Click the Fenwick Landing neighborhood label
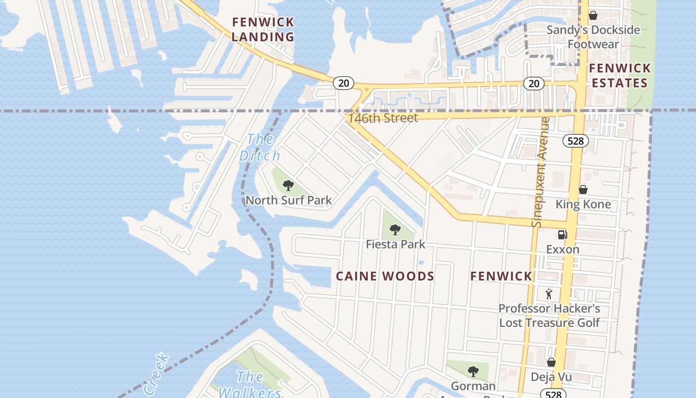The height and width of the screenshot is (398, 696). coord(263,29)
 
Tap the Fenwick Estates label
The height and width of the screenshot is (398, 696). coord(619,76)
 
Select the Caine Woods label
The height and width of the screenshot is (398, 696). coord(385,276)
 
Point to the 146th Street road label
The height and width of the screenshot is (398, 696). coord(383,118)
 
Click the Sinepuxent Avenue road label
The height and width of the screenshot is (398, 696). coord(541,172)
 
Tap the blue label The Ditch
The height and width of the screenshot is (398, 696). coord(260,147)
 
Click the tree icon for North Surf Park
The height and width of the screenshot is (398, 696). coord(288,186)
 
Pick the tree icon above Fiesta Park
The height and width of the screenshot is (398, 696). coord(395,230)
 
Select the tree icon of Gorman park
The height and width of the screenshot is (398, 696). coord(473,371)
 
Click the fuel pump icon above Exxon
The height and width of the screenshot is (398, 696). coord(562,234)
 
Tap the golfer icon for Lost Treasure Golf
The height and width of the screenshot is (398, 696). coord(549,294)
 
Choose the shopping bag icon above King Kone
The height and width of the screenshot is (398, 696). coord(583,190)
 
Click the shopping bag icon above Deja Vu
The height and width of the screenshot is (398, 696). coord(551,362)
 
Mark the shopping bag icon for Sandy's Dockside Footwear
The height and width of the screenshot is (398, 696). coord(593,15)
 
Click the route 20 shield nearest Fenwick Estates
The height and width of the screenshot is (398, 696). coord(534,84)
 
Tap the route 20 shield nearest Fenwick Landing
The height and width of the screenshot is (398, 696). coord(344,83)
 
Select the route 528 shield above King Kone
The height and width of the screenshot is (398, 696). coord(575,141)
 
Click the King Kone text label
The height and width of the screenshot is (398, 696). coord(583,204)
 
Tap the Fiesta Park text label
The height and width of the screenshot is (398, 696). coord(396,244)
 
